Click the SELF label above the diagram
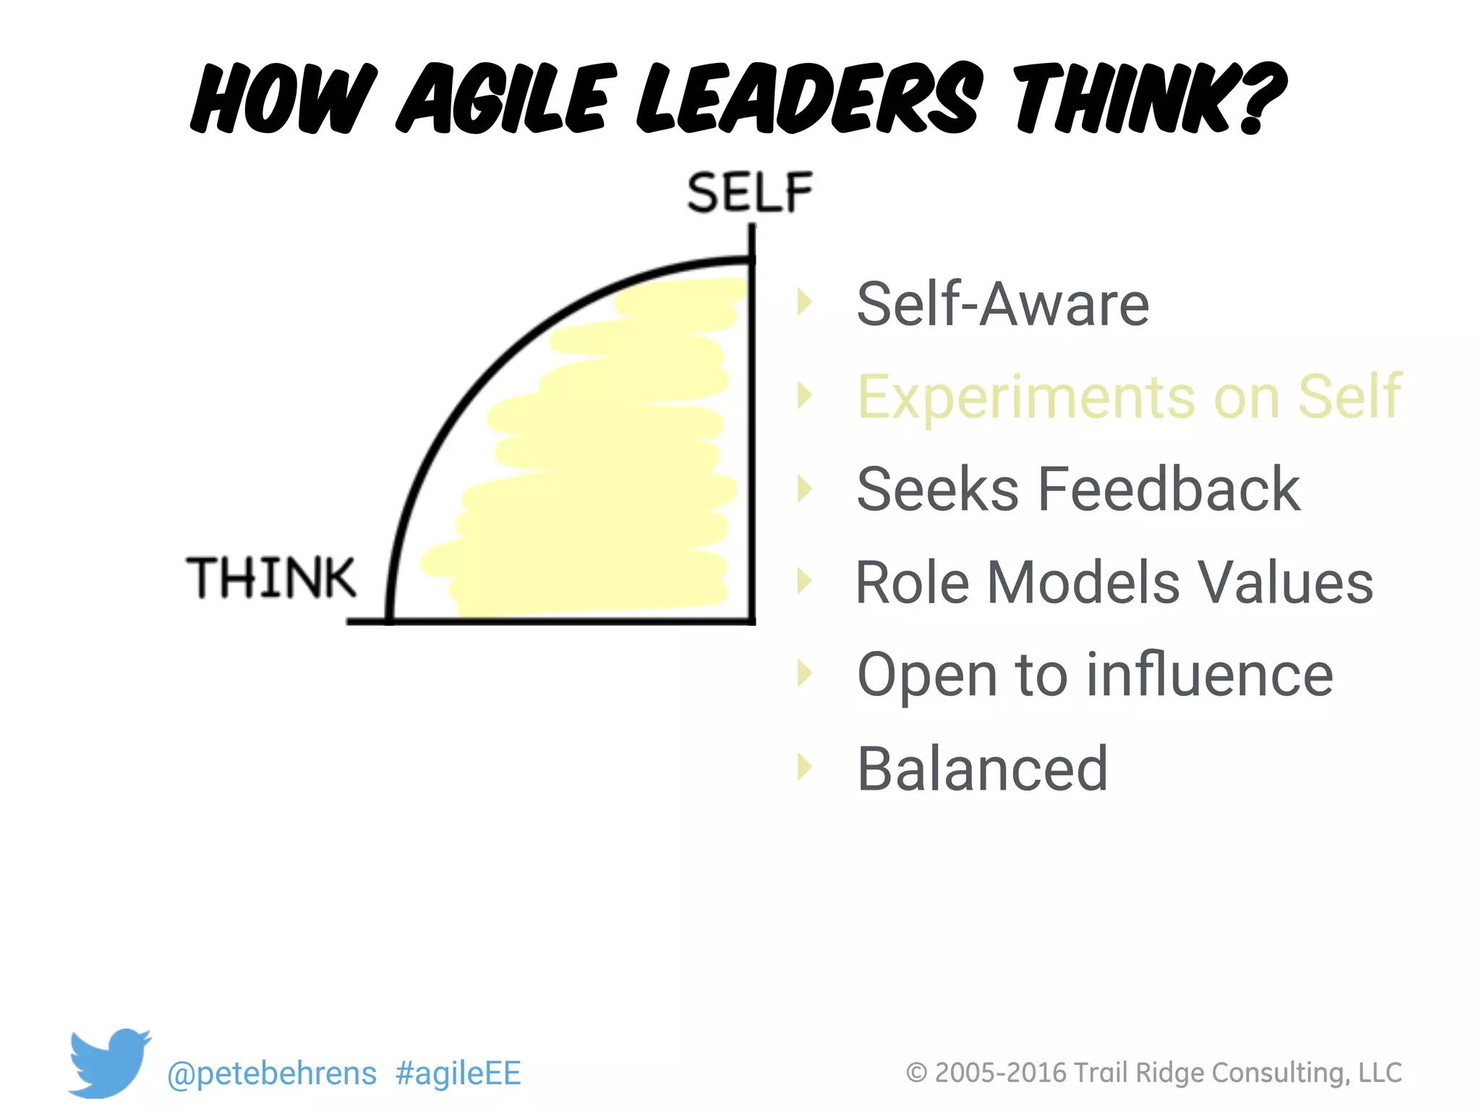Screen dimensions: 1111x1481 750,192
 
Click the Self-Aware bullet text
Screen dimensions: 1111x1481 1002,304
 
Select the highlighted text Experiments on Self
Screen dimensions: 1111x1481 1129,396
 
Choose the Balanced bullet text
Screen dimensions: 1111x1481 982,768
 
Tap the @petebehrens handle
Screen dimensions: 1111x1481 272,1073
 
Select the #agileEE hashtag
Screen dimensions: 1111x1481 458,1073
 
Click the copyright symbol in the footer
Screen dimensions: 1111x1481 916,1073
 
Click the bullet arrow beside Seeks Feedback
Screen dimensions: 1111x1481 804,489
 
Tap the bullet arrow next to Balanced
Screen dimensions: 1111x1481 804,767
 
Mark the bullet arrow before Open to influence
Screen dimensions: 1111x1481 804,673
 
